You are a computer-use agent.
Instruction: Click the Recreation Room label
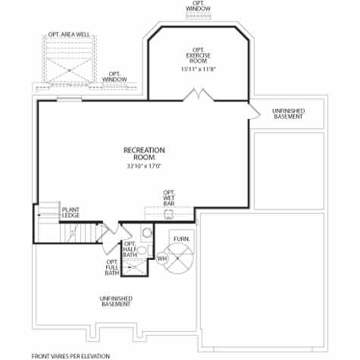pos(144,154)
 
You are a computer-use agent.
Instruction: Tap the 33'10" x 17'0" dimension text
pos(144,166)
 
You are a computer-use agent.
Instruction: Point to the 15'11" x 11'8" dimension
pos(199,70)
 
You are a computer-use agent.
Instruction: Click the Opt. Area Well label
pos(69,34)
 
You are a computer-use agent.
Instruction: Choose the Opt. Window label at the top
pos(199,6)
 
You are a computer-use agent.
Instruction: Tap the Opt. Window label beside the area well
pos(114,77)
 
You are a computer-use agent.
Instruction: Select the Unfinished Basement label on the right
pos(288,114)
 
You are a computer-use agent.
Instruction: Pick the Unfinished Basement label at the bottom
pos(116,301)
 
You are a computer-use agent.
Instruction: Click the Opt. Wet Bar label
pos(169,199)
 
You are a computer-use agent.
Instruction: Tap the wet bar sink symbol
pos(169,214)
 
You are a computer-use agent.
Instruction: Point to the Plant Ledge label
pos(71,212)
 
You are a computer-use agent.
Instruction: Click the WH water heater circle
pos(162,259)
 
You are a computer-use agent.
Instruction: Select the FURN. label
pos(181,239)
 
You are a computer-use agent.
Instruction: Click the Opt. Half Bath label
pos(130,249)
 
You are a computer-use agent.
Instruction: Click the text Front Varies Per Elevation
pos(70,355)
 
